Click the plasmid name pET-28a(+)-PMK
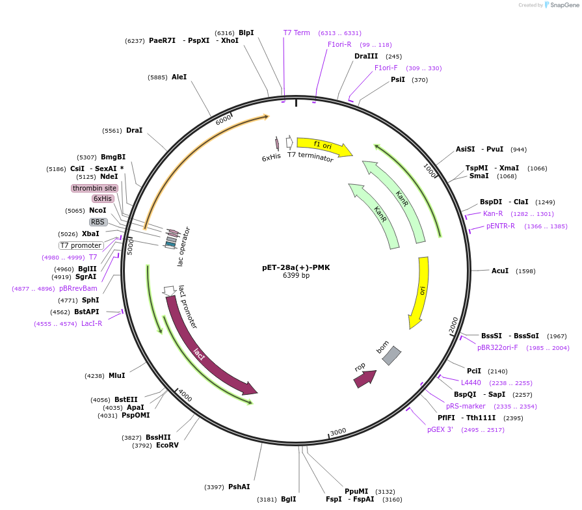coord(296,267)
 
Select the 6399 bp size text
coord(296,276)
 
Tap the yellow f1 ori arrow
coord(323,146)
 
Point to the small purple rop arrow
coord(364,378)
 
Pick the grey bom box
coord(391,355)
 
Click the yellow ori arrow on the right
coord(419,293)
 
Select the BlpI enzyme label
coord(246,33)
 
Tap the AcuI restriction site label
coord(500,271)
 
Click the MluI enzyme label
coord(117,375)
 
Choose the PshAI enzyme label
coord(239,487)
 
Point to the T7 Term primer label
coord(297,33)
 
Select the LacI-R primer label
coord(92,323)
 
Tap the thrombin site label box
coord(94,188)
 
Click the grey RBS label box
coord(98,222)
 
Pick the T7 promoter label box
coord(81,245)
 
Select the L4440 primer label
coord(471,382)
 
